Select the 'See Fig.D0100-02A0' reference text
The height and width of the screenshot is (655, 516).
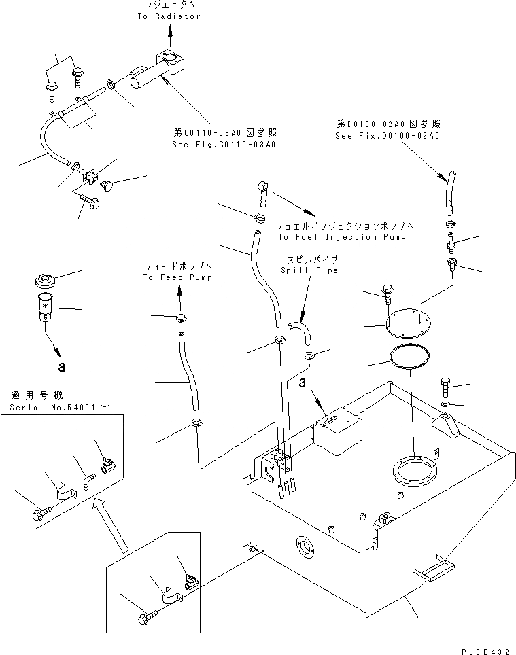pos(388,136)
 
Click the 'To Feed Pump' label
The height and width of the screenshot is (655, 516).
pos(177,277)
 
